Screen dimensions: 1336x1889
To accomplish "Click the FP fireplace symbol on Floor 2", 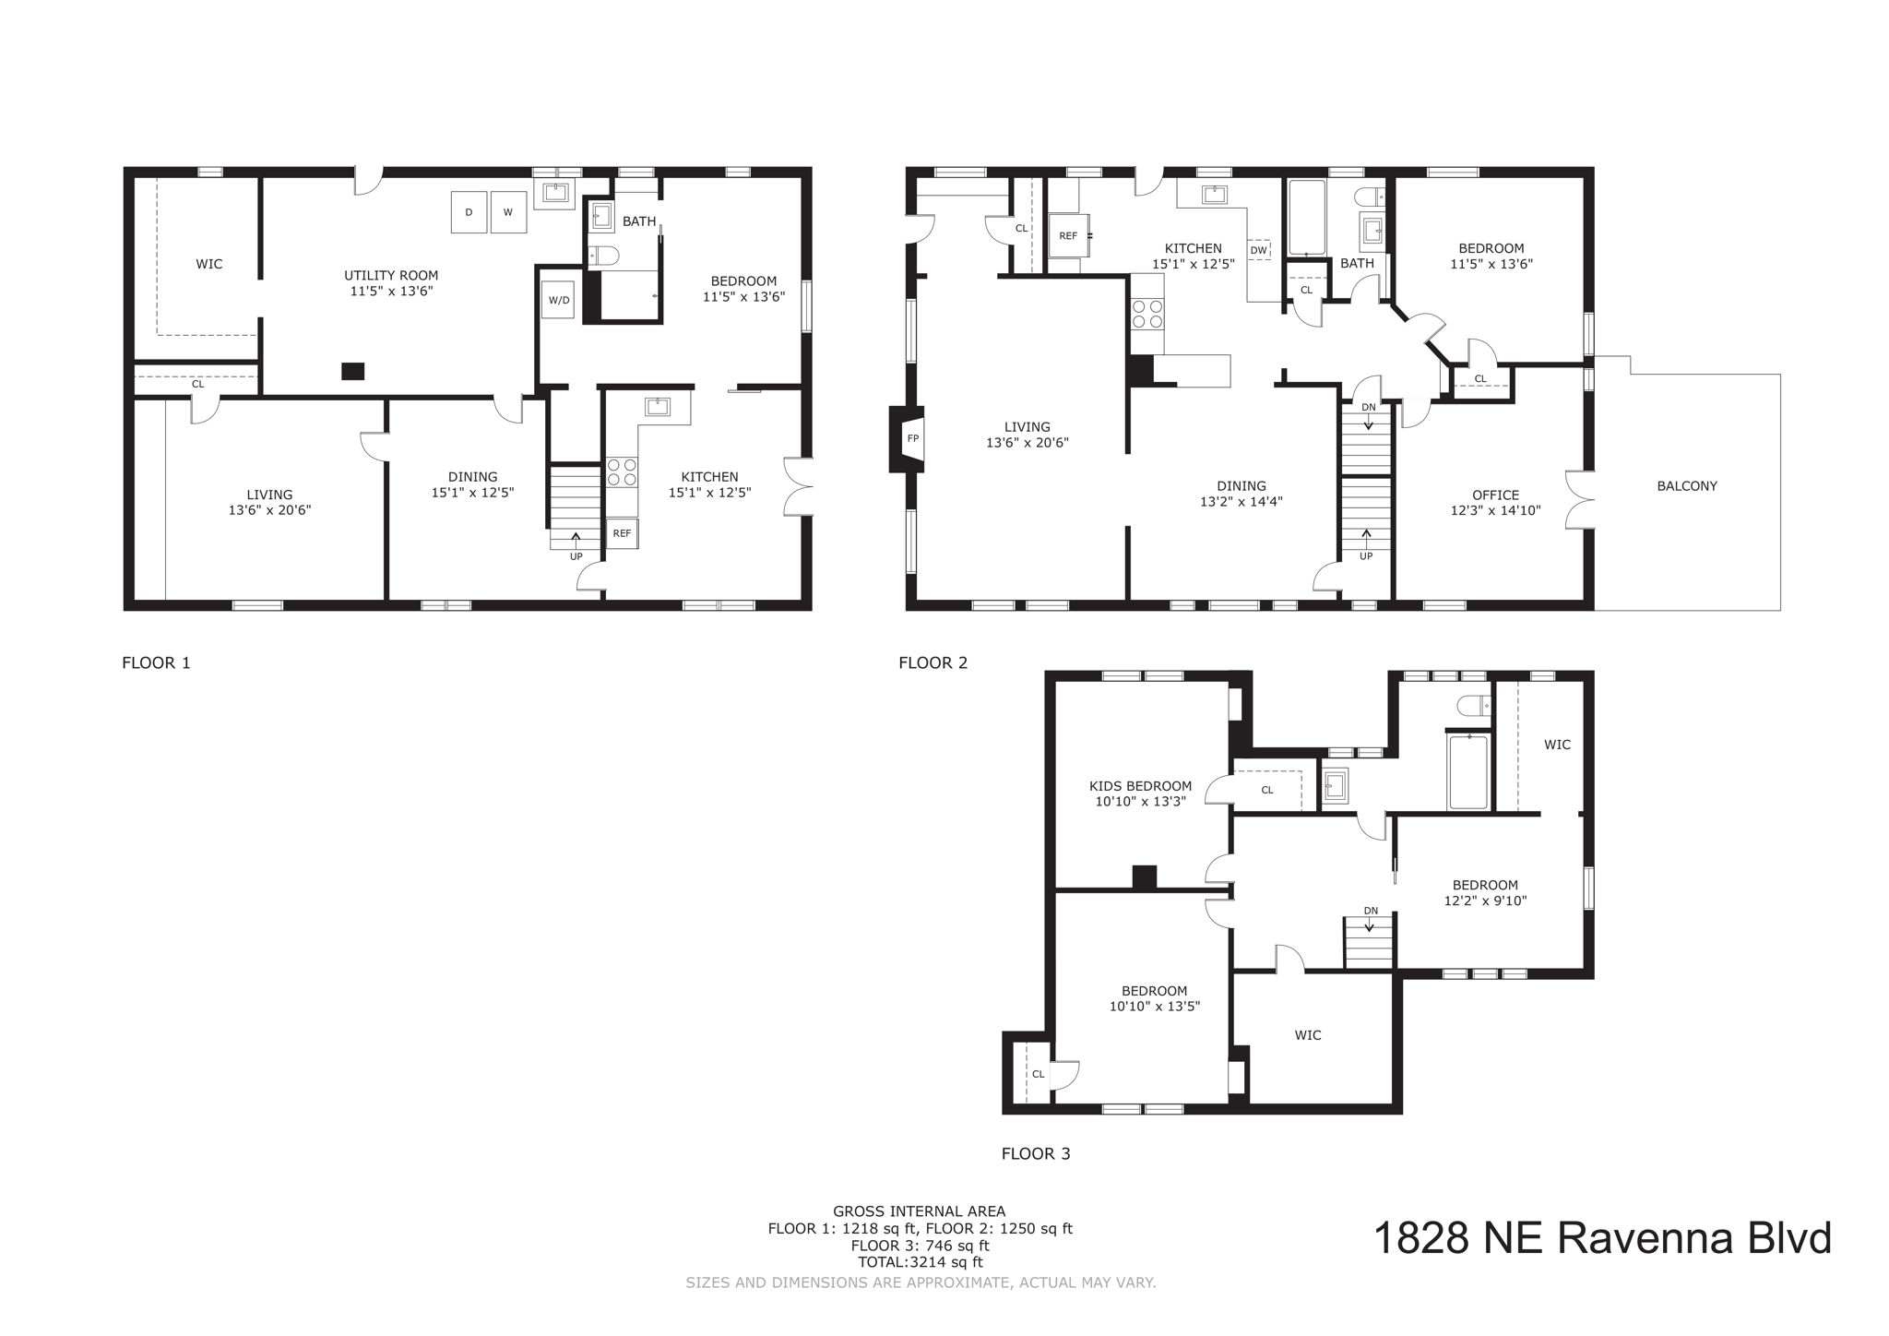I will click(x=912, y=438).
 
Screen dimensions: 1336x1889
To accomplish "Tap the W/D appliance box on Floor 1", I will click(x=558, y=300).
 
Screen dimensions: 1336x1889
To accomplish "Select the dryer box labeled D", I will click(x=469, y=212).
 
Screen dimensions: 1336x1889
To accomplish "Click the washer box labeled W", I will click(x=507, y=212).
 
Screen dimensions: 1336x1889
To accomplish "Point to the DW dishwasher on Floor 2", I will click(x=1258, y=250).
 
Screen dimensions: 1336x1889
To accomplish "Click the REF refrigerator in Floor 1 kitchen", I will click(x=622, y=533).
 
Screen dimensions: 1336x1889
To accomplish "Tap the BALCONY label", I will click(x=1686, y=486).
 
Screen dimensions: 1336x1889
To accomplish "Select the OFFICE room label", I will click(x=1495, y=495).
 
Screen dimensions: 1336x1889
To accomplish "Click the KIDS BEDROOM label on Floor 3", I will click(x=1140, y=786).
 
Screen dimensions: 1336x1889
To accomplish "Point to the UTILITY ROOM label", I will click(x=391, y=275).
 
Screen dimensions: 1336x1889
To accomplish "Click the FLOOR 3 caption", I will click(x=1036, y=1153).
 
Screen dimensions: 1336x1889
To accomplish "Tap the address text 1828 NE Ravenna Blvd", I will click(x=1602, y=1238).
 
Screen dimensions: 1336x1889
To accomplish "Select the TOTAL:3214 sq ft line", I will click(x=920, y=1262).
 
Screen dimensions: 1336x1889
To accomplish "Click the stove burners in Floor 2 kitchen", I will click(x=1146, y=315).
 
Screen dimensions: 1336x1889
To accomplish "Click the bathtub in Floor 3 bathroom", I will click(x=1467, y=772).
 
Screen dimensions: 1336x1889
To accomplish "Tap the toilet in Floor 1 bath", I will click(x=604, y=256).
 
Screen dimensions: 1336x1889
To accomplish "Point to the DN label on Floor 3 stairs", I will click(x=1371, y=911).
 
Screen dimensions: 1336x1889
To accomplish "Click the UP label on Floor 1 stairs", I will click(x=576, y=556).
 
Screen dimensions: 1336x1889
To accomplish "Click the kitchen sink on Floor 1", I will click(x=657, y=407).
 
